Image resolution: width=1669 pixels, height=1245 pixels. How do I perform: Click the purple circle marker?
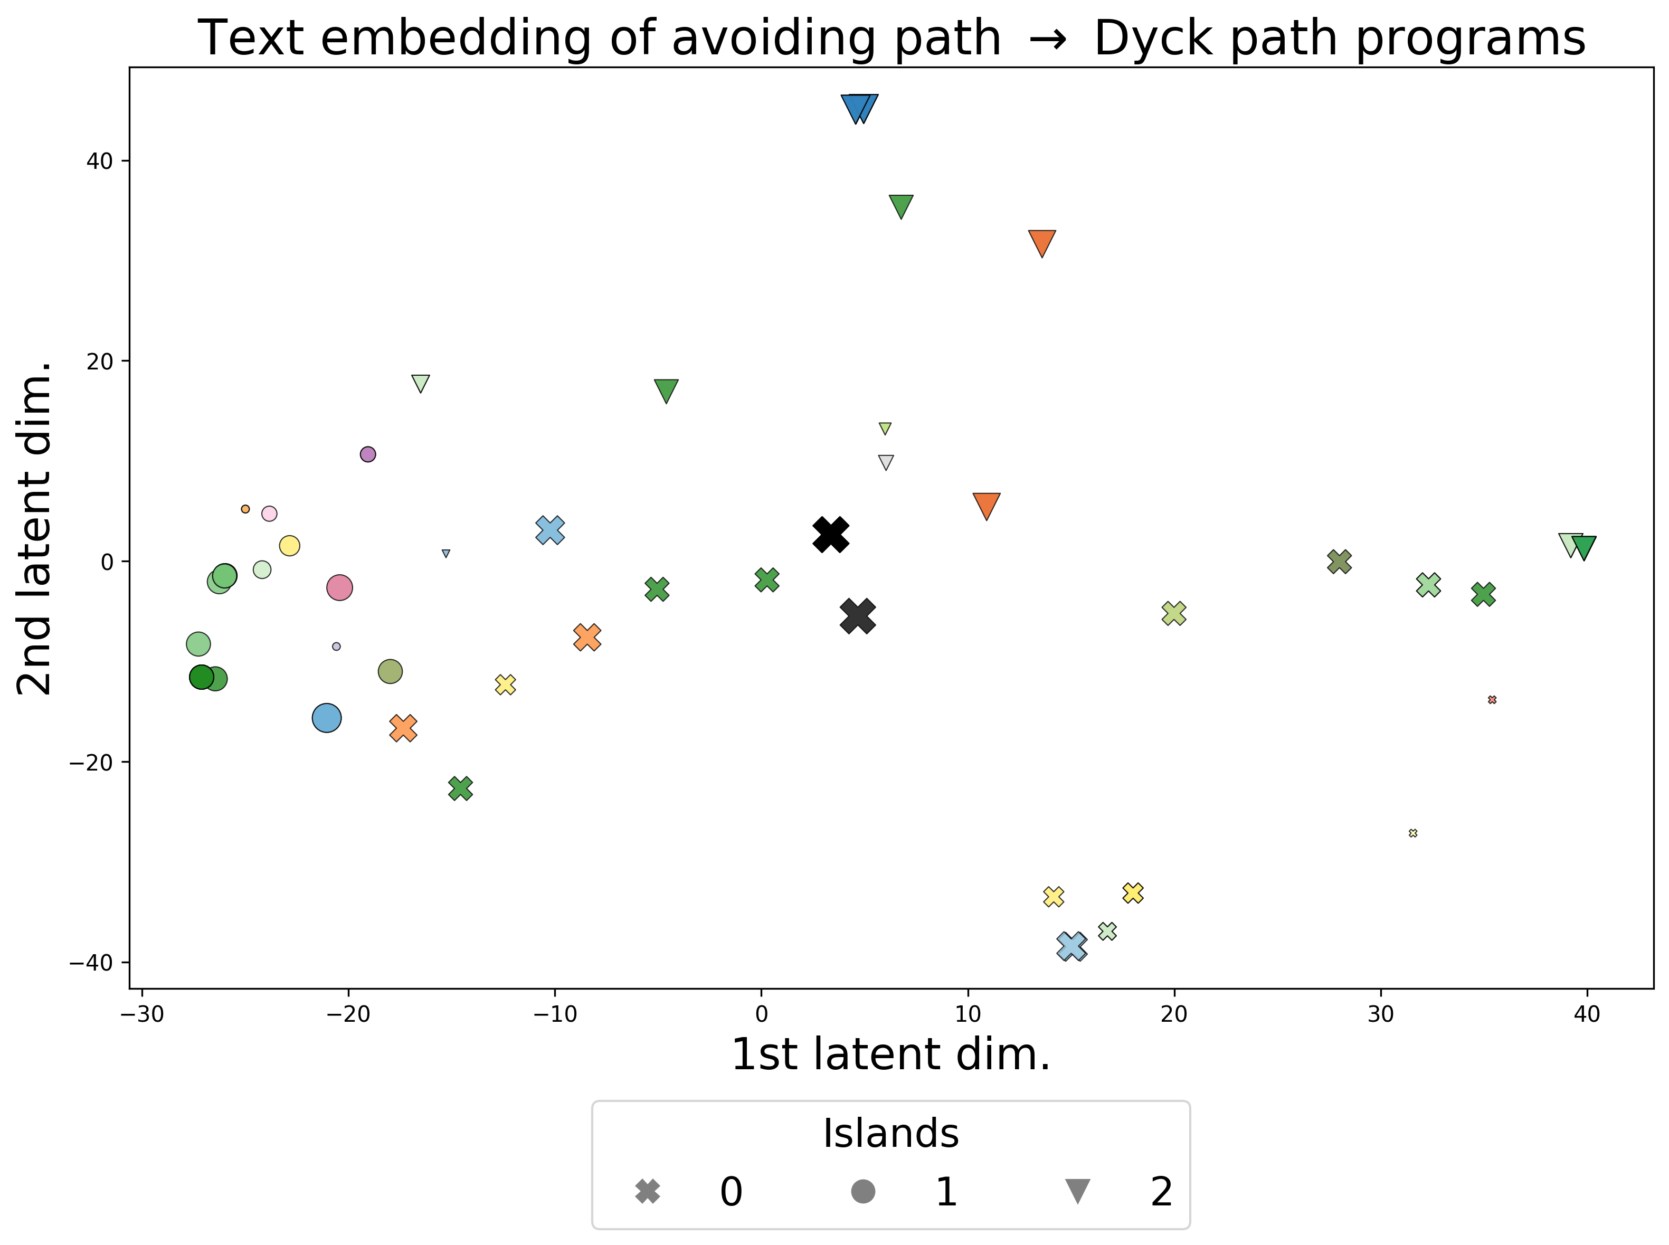point(368,454)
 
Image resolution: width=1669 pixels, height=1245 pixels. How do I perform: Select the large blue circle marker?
point(326,718)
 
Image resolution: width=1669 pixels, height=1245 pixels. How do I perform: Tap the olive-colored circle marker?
point(390,671)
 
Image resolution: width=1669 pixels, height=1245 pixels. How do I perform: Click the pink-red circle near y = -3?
point(340,587)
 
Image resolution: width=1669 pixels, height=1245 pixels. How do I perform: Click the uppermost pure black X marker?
point(831,534)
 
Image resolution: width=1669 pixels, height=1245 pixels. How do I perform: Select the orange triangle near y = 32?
point(1041,242)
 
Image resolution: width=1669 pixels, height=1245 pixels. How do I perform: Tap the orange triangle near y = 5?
point(987,505)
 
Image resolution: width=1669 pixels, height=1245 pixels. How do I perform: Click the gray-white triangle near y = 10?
point(886,462)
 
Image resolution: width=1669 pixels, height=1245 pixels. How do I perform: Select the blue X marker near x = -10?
point(550,530)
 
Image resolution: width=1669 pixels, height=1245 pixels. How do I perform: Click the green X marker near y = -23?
point(460,788)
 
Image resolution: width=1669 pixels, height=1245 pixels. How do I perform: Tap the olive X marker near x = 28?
point(1339,562)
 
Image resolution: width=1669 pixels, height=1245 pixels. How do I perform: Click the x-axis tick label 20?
point(1174,1014)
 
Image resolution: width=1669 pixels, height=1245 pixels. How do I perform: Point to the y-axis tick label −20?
point(90,763)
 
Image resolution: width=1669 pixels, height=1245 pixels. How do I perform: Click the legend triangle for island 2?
point(1077,1192)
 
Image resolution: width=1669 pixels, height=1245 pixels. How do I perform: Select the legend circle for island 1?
point(863,1192)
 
